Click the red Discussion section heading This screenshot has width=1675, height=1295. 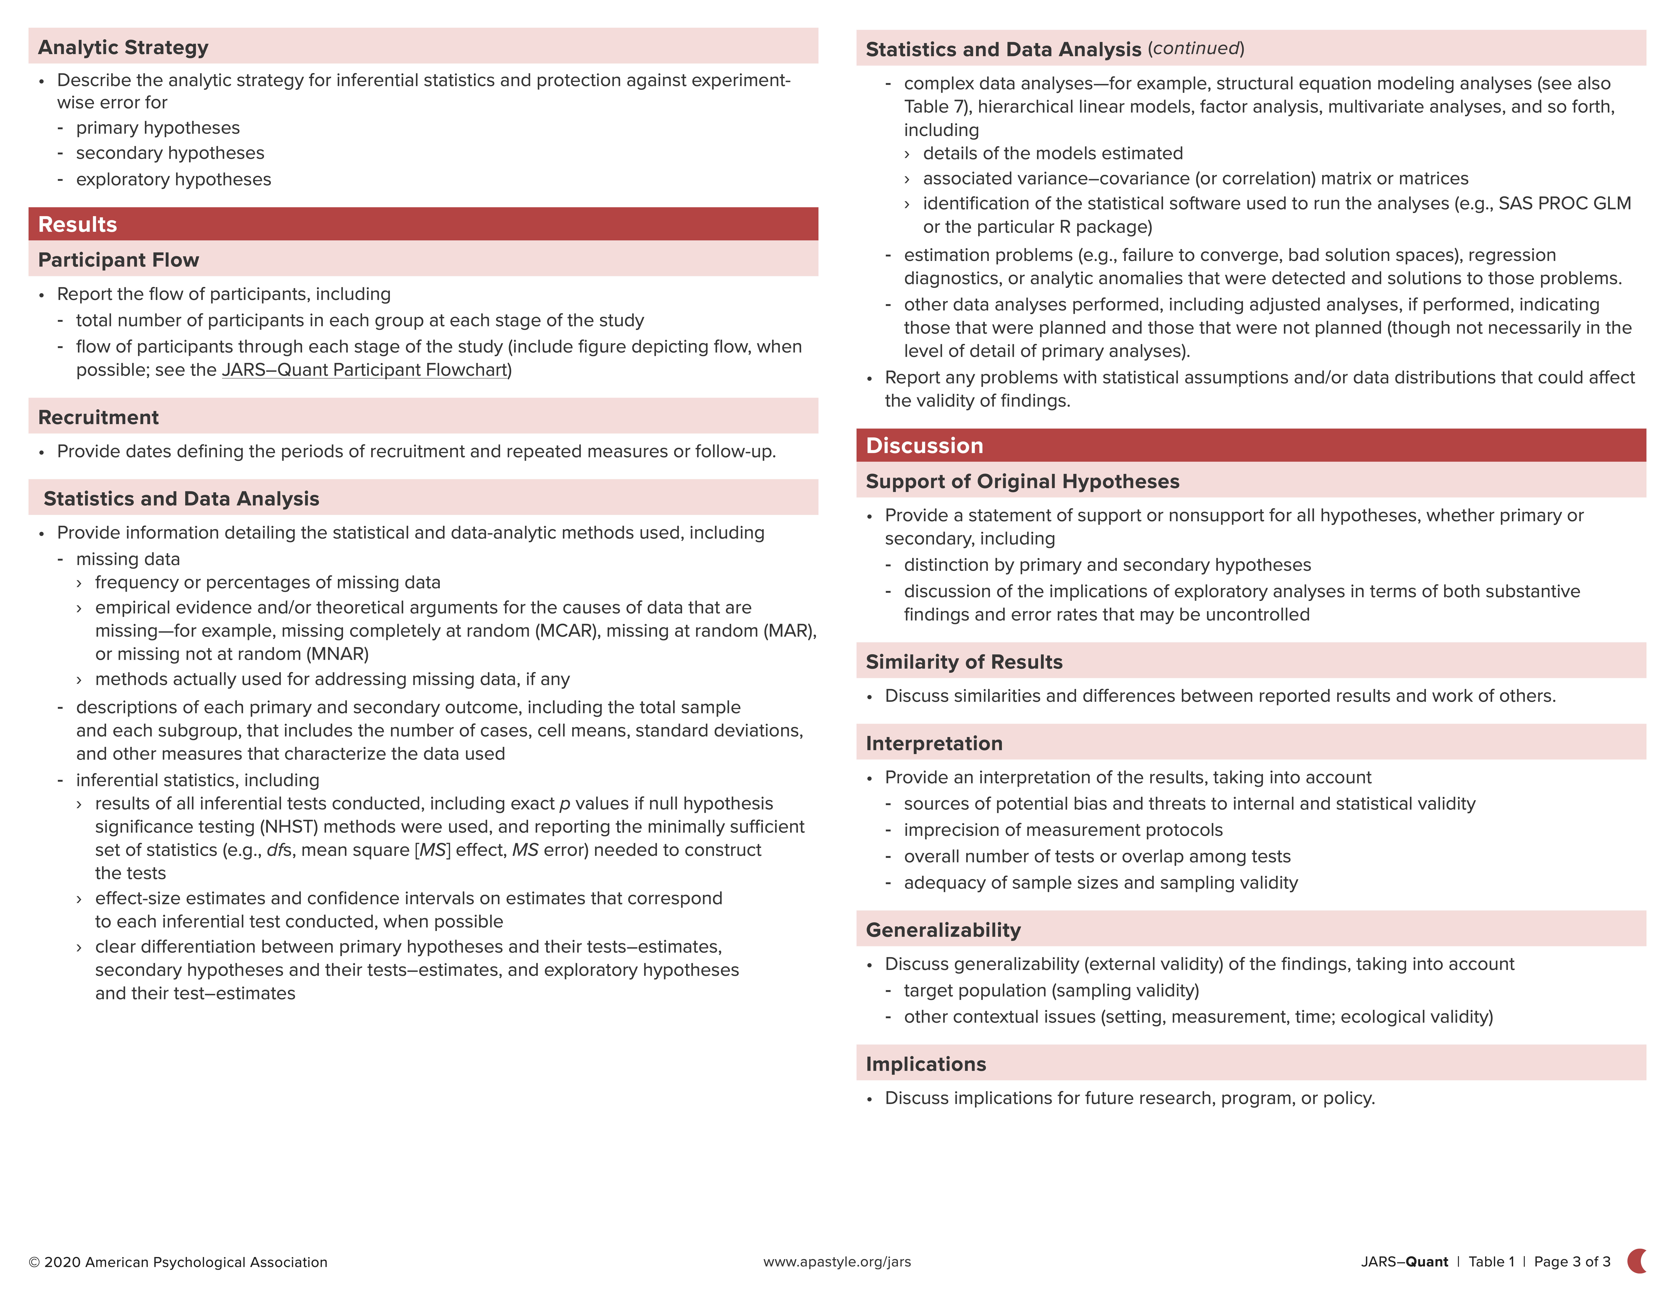pos(924,446)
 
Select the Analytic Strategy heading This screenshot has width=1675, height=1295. pos(123,48)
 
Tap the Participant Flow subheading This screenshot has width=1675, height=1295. pos(118,260)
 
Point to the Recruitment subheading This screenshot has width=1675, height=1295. pos(98,417)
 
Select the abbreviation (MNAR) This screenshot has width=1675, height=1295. pos(337,654)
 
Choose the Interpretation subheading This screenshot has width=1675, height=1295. pos(934,743)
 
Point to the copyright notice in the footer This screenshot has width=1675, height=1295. pos(178,1262)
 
